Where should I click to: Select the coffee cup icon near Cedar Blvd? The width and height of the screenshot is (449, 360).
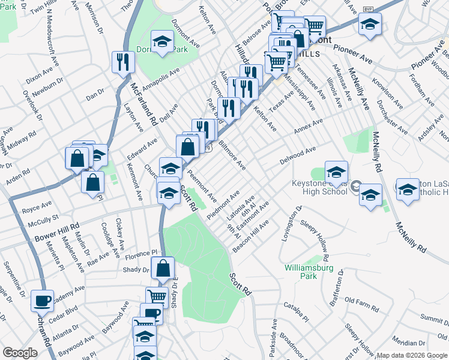click(x=43, y=301)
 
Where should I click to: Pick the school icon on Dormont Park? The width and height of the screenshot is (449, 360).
click(x=161, y=42)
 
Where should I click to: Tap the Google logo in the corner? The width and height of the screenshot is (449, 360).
click(x=20, y=353)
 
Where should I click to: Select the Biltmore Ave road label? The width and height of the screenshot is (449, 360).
click(x=232, y=155)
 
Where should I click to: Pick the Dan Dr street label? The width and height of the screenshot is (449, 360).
click(x=95, y=94)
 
